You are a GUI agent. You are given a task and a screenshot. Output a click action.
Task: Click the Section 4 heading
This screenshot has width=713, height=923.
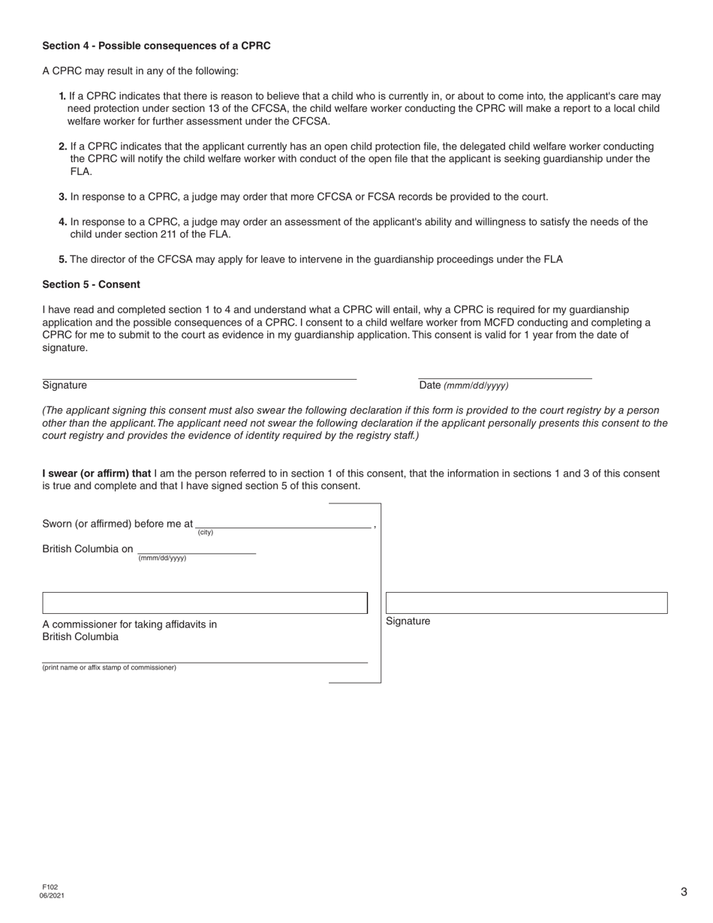(x=156, y=46)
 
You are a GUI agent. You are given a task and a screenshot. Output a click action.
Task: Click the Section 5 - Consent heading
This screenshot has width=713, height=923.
(x=91, y=284)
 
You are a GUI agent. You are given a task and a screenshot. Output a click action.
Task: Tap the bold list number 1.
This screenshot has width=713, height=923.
(x=62, y=96)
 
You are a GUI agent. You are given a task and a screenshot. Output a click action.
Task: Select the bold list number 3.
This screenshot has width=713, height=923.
(x=63, y=197)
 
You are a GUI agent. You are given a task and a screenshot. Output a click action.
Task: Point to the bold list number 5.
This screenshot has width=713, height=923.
(x=63, y=260)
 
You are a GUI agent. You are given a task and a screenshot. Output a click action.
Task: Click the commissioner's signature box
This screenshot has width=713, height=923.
(x=205, y=603)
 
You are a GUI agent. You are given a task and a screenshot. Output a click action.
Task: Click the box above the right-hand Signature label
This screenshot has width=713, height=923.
(x=526, y=603)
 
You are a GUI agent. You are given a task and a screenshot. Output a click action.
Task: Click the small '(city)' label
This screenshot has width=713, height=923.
(x=206, y=533)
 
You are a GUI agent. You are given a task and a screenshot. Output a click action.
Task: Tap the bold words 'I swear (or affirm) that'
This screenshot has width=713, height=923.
(x=97, y=474)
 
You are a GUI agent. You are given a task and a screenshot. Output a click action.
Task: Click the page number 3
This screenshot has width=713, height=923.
(x=684, y=892)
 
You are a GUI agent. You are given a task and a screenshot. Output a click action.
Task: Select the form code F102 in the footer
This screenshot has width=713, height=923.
(x=50, y=887)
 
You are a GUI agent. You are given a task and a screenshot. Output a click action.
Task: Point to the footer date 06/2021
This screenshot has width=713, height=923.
(x=52, y=895)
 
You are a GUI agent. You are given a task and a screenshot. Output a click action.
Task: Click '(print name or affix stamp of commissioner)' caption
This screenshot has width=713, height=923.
(x=110, y=668)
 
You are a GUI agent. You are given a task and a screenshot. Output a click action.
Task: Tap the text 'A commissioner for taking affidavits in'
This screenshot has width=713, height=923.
(x=130, y=624)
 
